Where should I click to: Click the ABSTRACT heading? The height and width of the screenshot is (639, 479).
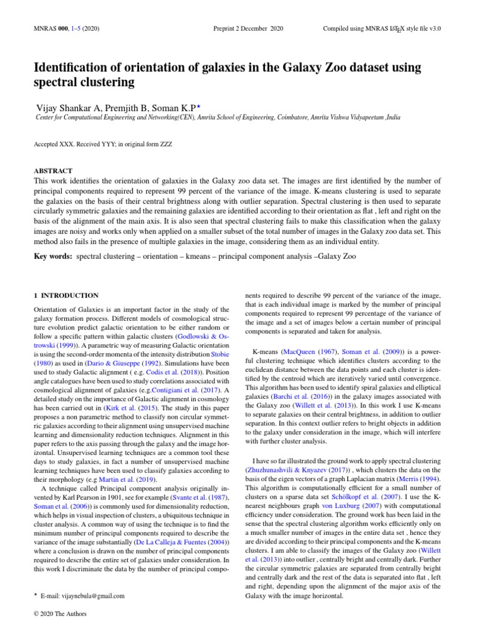[x=53, y=170]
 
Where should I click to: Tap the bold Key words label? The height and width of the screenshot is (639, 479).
[x=52, y=256]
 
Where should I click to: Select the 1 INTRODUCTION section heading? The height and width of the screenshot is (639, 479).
[x=65, y=295]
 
